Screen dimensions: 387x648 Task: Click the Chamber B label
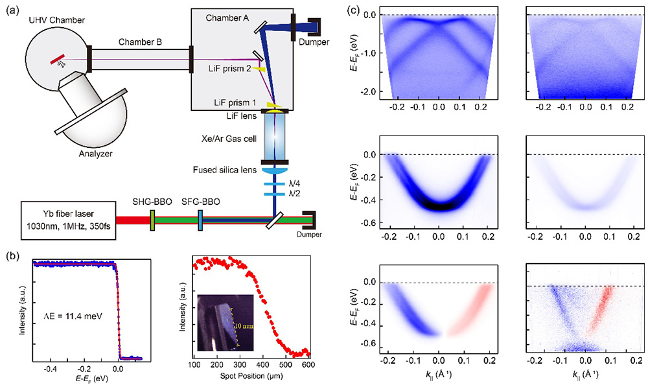(141, 42)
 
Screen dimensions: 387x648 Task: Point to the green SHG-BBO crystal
(152, 220)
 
